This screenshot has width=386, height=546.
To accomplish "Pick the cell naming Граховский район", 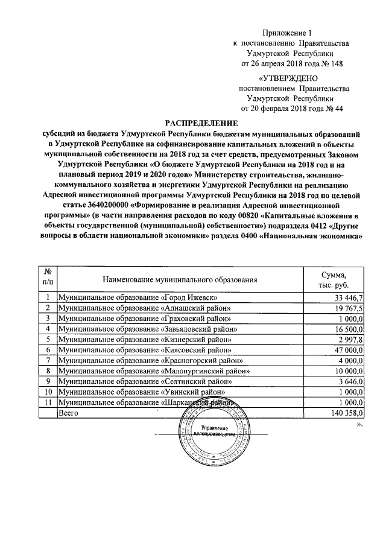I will tap(145, 319).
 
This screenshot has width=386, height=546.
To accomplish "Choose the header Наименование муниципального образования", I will tap(180, 280).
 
